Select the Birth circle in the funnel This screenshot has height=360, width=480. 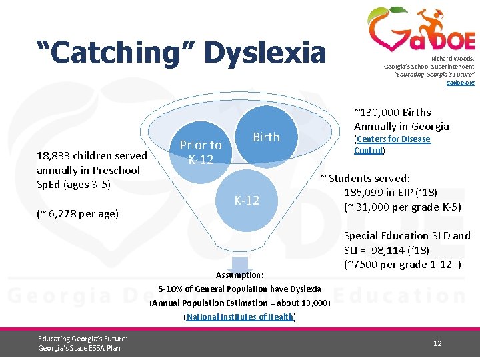click(266, 137)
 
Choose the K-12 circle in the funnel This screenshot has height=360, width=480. click(246, 200)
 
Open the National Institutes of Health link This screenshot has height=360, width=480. click(239, 317)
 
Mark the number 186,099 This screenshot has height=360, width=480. click(367, 193)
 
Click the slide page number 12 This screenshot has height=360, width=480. click(437, 343)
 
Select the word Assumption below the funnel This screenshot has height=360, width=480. click(239, 275)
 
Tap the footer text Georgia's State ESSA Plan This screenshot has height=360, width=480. click(79, 347)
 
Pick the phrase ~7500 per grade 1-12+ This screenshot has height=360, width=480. click(402, 264)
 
